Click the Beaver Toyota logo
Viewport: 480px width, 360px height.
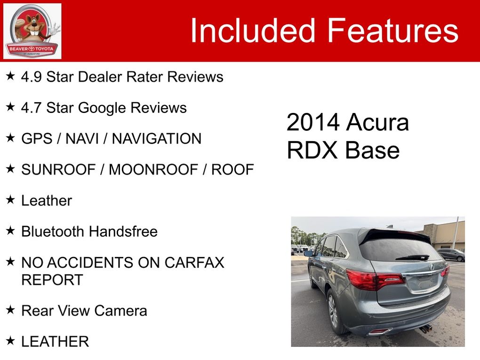(x=32, y=31)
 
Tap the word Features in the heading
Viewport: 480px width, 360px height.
(x=393, y=30)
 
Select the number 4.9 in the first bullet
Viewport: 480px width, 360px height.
(x=31, y=77)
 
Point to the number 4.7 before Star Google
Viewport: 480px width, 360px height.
(x=31, y=108)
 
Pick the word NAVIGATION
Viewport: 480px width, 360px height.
(x=157, y=139)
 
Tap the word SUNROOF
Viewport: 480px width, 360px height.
(x=58, y=169)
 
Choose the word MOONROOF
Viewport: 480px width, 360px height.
(x=153, y=169)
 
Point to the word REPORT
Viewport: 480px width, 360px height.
(x=52, y=280)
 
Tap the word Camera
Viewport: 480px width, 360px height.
(x=120, y=311)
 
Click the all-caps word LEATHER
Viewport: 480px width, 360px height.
(x=55, y=342)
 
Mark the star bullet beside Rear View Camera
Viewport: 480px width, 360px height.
(x=10, y=310)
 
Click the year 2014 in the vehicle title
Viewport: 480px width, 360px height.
(x=313, y=122)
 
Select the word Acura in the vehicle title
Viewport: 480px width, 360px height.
(x=377, y=122)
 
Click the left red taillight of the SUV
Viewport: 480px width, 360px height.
(x=375, y=280)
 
